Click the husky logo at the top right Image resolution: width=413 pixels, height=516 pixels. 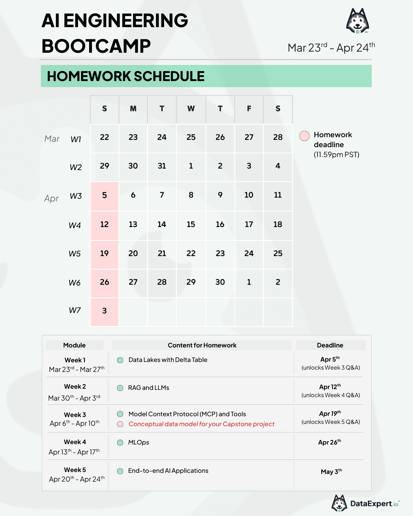click(358, 21)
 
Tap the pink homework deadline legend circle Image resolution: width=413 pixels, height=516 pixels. click(304, 136)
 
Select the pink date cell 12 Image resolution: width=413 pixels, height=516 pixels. click(104, 225)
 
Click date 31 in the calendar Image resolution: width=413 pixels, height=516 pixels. click(162, 166)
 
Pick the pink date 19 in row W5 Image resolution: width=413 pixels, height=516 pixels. click(104, 253)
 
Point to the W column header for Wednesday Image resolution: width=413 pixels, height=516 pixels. click(191, 109)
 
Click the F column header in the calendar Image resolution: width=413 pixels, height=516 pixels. click(249, 109)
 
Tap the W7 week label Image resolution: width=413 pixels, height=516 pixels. click(75, 310)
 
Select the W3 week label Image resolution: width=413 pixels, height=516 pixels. click(76, 196)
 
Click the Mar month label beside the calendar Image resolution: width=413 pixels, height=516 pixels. click(52, 139)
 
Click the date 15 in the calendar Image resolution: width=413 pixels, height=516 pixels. click(191, 224)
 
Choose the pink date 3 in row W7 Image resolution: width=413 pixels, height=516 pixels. click(104, 311)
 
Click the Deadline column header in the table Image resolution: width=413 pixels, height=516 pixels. click(330, 345)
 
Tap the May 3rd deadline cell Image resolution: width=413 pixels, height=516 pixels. click(331, 472)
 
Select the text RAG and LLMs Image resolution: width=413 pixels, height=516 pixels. click(149, 388)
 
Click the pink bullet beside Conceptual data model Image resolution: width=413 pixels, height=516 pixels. click(120, 424)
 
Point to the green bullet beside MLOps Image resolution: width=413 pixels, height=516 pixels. click(120, 443)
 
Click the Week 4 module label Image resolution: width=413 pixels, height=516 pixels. click(75, 442)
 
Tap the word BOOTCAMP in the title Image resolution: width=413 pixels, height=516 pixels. click(96, 46)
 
